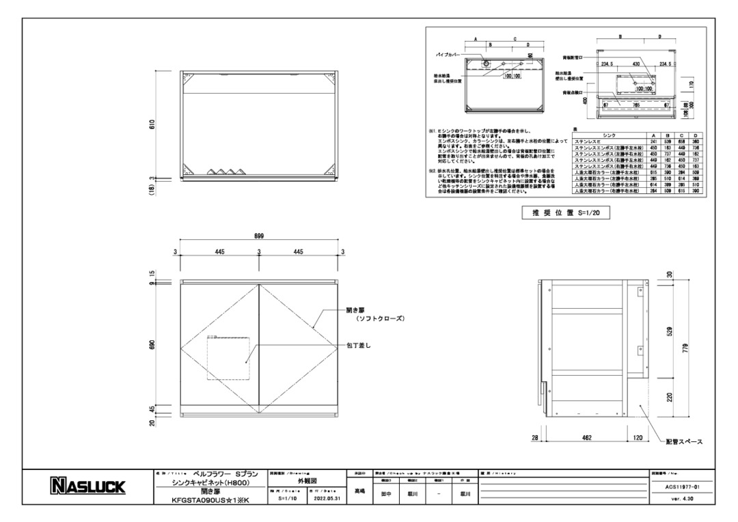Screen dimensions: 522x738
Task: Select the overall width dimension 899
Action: [x=259, y=236]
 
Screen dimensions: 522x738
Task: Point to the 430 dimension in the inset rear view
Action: [x=635, y=63]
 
